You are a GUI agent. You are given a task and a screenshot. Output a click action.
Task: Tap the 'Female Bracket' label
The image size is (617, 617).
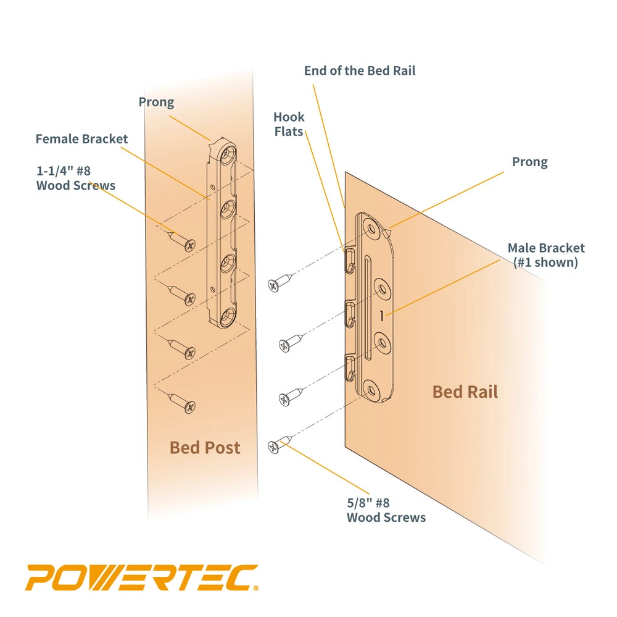(81, 139)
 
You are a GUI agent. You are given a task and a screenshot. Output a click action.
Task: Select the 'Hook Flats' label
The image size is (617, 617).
(289, 124)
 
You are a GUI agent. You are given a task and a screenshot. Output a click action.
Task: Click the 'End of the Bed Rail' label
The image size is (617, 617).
(360, 71)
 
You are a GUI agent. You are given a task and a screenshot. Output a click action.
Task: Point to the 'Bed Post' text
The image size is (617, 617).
(205, 447)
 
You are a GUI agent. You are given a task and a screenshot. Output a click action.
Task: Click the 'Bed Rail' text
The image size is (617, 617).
(465, 392)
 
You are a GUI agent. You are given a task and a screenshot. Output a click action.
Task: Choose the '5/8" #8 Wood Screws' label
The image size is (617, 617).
(386, 510)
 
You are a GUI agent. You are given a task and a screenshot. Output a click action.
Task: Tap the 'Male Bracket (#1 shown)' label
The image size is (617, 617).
(546, 254)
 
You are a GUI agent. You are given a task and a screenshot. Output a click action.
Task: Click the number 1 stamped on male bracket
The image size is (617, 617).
(382, 316)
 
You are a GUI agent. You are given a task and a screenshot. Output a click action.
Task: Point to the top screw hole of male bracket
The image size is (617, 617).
(371, 229)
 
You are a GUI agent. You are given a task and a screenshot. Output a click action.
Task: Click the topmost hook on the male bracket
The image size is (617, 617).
(349, 260)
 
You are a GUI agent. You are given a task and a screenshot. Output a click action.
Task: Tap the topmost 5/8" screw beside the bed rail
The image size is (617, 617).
(280, 283)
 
